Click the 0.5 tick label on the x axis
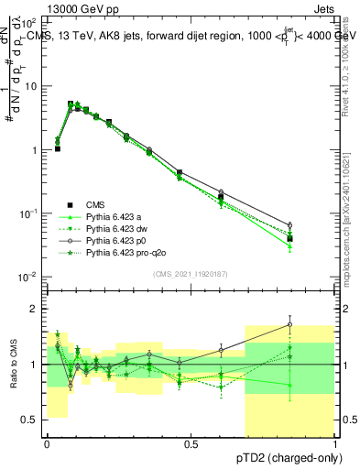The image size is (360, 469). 191,443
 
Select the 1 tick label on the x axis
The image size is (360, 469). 335,443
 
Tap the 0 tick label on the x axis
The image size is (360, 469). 47,443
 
